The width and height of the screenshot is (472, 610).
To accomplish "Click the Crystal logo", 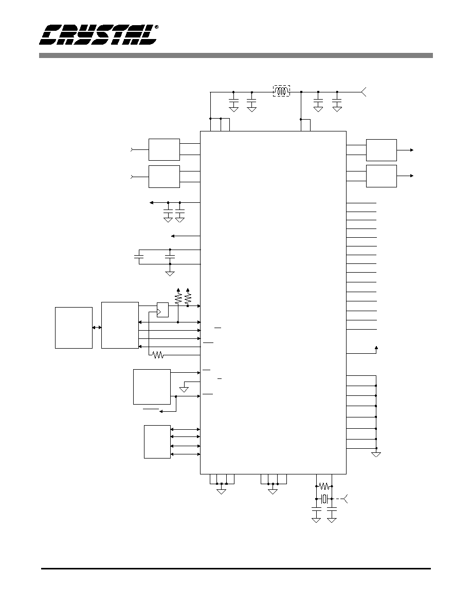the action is click(98, 35).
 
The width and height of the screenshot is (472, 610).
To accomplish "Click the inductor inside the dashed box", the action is click(281, 91).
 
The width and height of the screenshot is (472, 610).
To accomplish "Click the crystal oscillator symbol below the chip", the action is click(324, 499).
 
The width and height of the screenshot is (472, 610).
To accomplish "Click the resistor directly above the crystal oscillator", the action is click(324, 486).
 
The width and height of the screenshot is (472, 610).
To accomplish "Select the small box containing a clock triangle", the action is click(163, 310).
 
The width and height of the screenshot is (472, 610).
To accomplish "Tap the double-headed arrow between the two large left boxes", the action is click(97, 328).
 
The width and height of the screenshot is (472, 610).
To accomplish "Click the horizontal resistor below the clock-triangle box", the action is click(158, 355).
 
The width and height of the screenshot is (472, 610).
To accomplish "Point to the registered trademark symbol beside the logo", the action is click(156, 27).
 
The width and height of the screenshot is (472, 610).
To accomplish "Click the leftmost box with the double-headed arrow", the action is click(74, 328).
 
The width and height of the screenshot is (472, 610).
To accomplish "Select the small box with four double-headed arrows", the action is click(157, 442).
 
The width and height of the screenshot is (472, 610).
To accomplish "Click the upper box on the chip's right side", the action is click(382, 150).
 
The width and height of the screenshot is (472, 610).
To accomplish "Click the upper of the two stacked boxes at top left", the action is click(165, 149).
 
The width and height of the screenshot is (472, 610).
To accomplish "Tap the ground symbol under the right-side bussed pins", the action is click(376, 454).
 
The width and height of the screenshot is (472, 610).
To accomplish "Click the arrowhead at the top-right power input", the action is click(364, 92).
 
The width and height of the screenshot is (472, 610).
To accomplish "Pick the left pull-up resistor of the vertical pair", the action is click(178, 298).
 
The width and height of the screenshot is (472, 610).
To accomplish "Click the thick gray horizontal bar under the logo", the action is click(236, 55).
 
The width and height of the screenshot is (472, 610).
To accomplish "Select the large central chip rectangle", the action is click(274, 302).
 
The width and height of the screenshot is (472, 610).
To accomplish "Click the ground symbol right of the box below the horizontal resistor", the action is click(184, 389).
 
